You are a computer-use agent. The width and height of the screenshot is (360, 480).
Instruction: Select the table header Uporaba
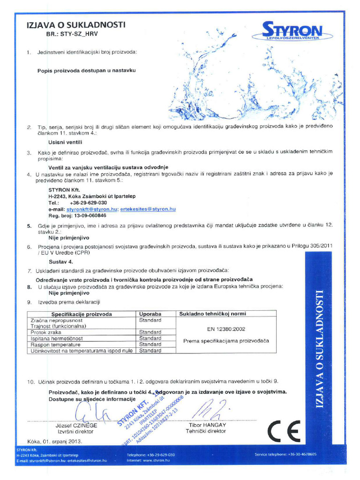coord(150,314)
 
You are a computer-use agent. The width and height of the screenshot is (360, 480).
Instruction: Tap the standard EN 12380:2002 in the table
coord(226,329)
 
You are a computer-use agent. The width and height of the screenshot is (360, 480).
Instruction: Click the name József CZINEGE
coord(76,425)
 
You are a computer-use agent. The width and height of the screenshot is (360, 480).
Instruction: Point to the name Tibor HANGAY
coord(207,425)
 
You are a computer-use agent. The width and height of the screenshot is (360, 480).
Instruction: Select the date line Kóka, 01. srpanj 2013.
coord(55,441)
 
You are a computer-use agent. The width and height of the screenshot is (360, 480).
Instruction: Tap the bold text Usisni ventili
coord(66,141)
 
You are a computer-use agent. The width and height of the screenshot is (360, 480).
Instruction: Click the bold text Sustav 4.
coord(61,261)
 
